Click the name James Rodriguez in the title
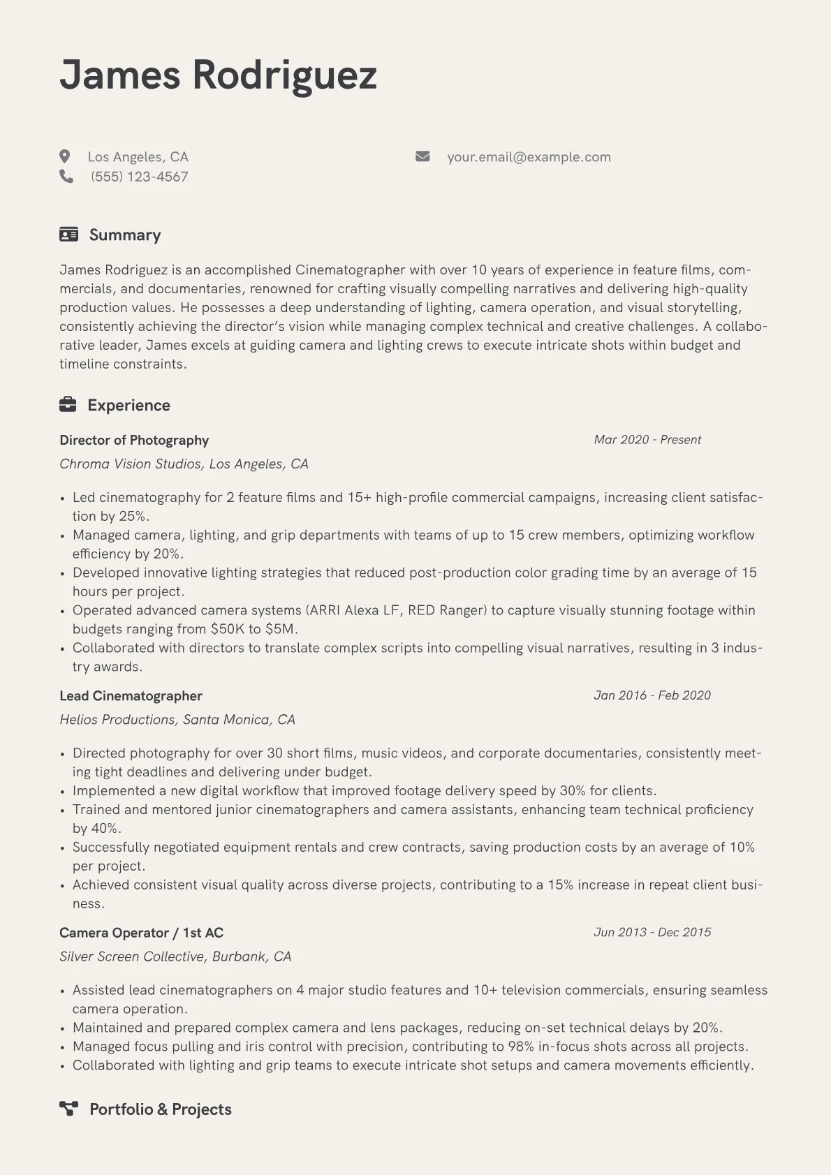(x=218, y=75)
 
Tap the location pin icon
(x=65, y=156)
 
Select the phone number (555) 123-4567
(x=139, y=177)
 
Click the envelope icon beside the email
(x=422, y=156)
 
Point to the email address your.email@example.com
(x=529, y=157)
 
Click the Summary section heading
(x=125, y=235)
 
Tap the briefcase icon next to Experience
(x=68, y=405)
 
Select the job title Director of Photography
(x=134, y=440)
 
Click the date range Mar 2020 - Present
(x=647, y=439)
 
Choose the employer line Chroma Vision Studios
(x=184, y=464)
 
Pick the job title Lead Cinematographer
(x=131, y=695)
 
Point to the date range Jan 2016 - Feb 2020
(x=652, y=695)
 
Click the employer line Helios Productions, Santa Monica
(x=177, y=719)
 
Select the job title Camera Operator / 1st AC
(x=141, y=933)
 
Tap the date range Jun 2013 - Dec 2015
(x=652, y=932)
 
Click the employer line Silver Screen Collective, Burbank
(x=175, y=956)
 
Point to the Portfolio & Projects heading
(x=161, y=1109)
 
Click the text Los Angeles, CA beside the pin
(x=138, y=157)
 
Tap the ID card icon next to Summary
(x=68, y=235)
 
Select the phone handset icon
(x=66, y=177)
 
